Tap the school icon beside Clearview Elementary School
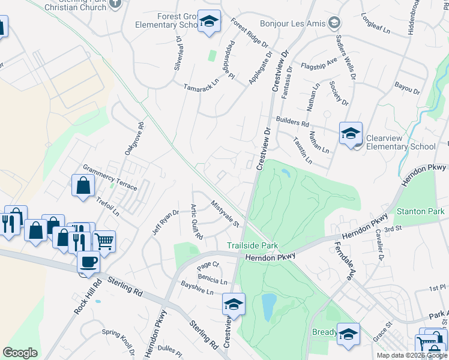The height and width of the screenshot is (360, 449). coord(351,134)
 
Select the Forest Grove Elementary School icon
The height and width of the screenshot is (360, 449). coord(209,22)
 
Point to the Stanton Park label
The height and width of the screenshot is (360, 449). coord(420,211)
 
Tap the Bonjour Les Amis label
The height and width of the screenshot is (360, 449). coord(292,24)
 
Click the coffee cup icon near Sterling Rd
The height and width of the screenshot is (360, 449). coord(89,263)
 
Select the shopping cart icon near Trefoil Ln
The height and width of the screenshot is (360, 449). coord(104,241)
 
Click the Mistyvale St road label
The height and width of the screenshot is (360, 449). coord(225,214)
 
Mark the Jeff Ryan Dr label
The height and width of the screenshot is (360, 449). coord(166,222)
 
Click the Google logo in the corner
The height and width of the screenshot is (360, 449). coord(20,353)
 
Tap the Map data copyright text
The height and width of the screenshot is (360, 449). coord(411,355)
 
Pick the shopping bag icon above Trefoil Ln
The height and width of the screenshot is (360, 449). coord(82,186)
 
